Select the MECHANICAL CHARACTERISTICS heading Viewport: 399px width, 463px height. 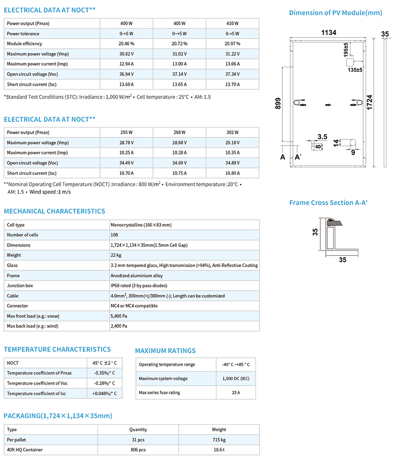point(55,211)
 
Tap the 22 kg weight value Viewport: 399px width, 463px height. point(117,255)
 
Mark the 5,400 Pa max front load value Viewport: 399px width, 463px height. point(119,316)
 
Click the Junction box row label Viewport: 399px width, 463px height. point(20,286)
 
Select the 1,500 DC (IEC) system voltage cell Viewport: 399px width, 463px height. point(236,379)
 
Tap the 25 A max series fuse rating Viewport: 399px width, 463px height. point(236,393)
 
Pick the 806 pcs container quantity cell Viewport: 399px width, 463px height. point(138,449)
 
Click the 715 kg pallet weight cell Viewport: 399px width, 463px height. point(219,439)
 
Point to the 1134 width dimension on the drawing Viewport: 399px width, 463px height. point(328,33)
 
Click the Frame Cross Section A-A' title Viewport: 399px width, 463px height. point(328,203)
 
